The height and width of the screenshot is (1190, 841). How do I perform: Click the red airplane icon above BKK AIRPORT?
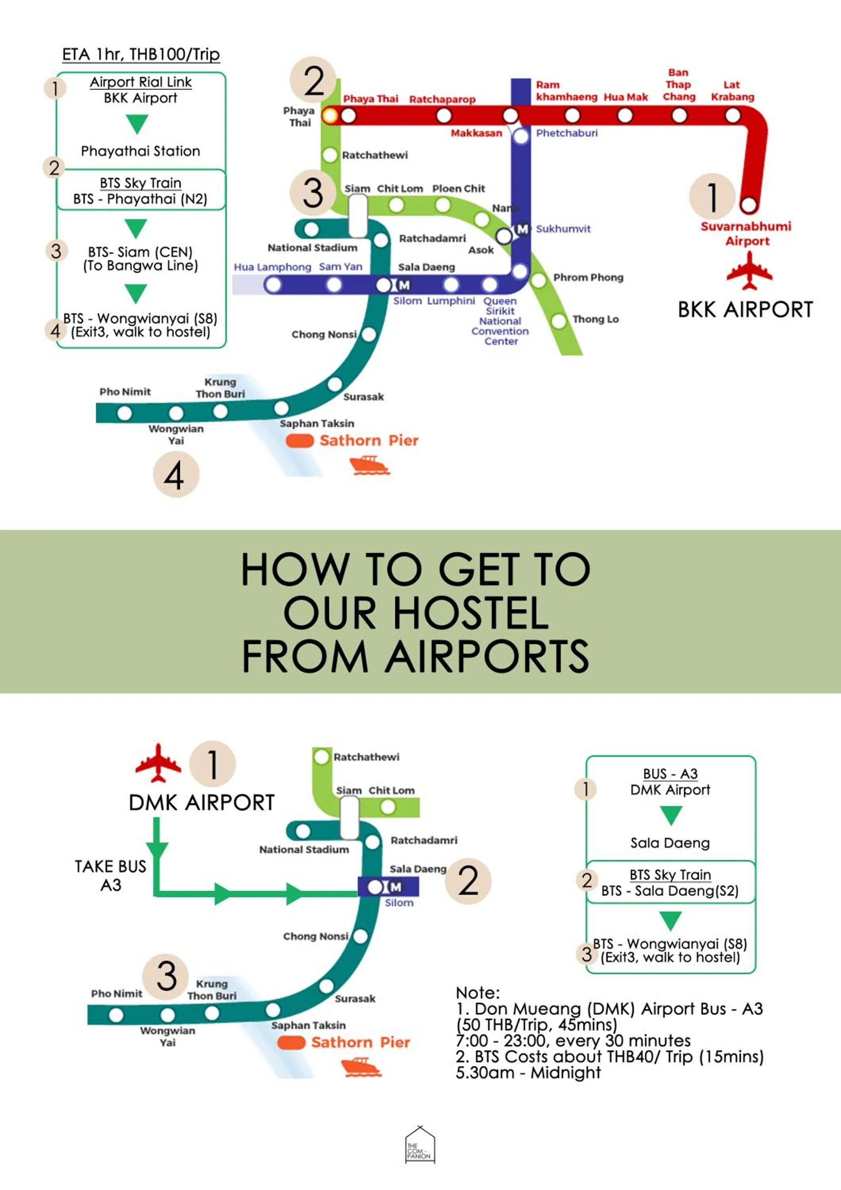pyautogui.click(x=749, y=270)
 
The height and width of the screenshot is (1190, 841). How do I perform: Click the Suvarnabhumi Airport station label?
pyautogui.click(x=746, y=233)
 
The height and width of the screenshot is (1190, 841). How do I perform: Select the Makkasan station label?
pyautogui.click(x=476, y=133)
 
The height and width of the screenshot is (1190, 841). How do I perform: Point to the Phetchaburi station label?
pyautogui.click(x=566, y=133)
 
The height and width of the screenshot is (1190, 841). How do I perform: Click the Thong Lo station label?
pyautogui.click(x=595, y=319)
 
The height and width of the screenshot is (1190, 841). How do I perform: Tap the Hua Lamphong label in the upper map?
pyautogui.click(x=272, y=267)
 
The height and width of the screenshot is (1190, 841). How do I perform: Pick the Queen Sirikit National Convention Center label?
pyautogui.click(x=500, y=321)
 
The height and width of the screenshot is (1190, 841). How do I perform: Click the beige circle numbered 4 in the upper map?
pyautogui.click(x=176, y=474)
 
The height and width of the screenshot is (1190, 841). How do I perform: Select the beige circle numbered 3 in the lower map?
pyautogui.click(x=166, y=976)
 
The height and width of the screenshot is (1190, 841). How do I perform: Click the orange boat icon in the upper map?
pyautogui.click(x=369, y=464)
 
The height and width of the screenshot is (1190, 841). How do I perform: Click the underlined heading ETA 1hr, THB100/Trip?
pyautogui.click(x=141, y=54)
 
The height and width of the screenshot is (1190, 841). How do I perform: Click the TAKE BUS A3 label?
pyautogui.click(x=110, y=875)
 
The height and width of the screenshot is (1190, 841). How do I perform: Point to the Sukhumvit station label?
pyautogui.click(x=563, y=228)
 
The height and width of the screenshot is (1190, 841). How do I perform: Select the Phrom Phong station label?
pyautogui.click(x=588, y=277)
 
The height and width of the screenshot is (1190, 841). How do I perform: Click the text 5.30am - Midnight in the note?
pyautogui.click(x=528, y=1072)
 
